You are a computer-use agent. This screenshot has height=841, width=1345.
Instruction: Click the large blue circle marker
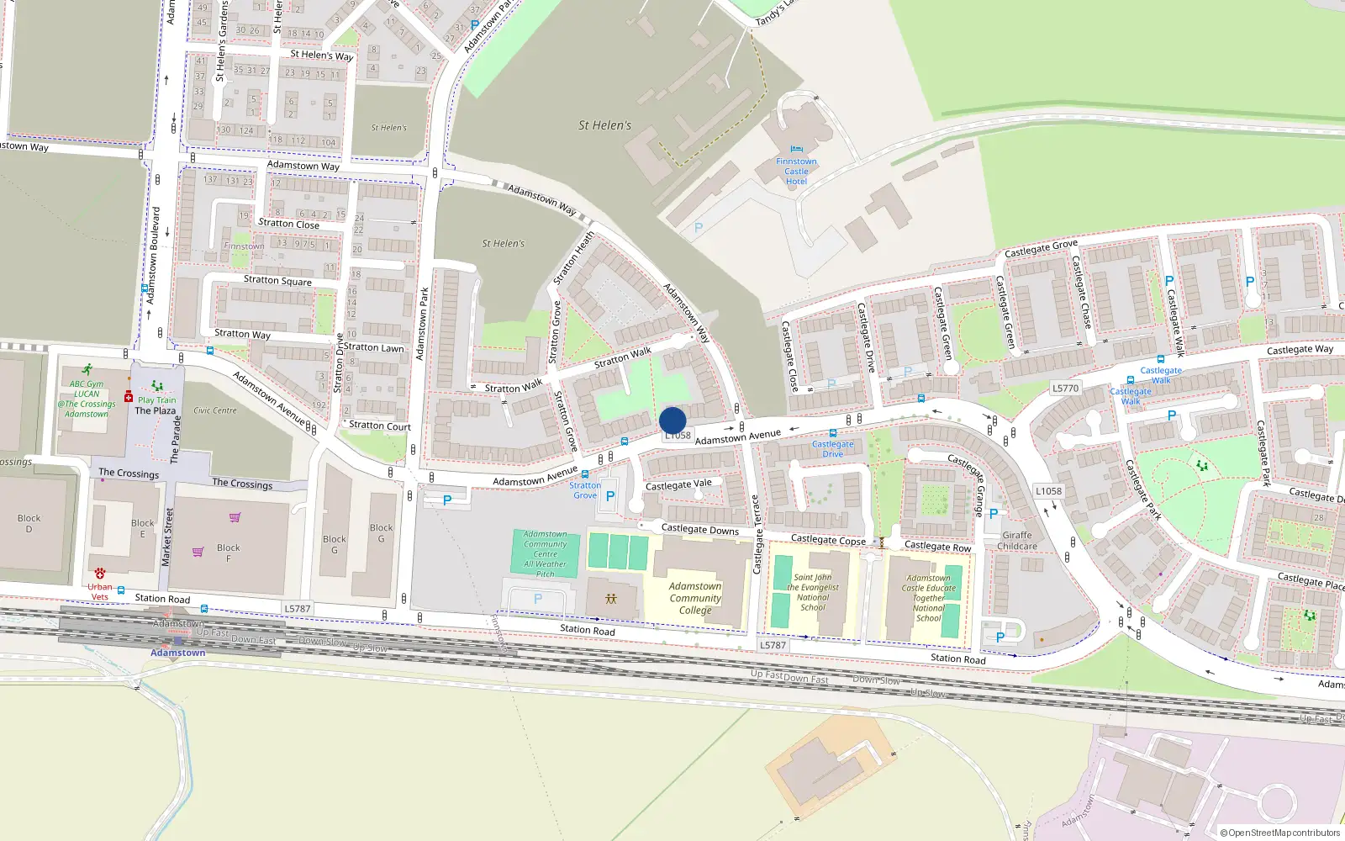[672, 420]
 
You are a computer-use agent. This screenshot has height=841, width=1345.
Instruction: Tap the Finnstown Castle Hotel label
[796, 172]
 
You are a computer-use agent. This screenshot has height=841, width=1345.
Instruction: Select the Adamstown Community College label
[695, 598]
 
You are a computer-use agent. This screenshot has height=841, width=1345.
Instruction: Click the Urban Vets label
[99, 591]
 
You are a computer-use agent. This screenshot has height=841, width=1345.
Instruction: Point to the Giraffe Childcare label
[1017, 541]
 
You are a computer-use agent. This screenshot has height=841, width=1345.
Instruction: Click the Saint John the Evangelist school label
[813, 592]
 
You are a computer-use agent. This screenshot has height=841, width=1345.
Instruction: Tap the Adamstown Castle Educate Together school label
[928, 598]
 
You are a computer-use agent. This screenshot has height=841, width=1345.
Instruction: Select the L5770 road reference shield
[1065, 389]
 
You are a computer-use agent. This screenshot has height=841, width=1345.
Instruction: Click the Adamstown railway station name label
[177, 653]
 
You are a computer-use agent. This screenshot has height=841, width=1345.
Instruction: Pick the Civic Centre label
[215, 410]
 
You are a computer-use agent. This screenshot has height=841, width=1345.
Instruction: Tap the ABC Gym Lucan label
[87, 399]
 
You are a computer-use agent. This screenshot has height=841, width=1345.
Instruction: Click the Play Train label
[157, 400]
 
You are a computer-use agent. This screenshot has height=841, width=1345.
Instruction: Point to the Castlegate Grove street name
[1041, 249]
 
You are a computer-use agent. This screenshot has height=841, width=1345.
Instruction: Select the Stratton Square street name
[277, 280]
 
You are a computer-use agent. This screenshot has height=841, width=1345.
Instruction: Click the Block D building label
[29, 523]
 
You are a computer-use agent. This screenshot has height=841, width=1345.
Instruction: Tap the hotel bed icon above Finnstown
[796, 150]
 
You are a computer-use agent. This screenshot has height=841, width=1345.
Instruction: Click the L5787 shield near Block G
[297, 609]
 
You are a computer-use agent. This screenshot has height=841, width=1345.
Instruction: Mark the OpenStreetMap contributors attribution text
[1280, 833]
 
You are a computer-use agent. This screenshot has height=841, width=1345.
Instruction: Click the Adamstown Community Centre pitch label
[546, 553]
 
